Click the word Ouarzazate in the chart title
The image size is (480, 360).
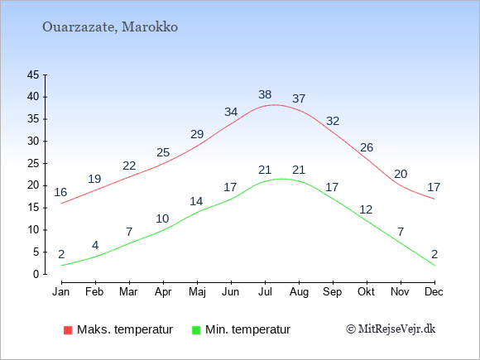click(x=79, y=27)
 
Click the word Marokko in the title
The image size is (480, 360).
click(x=150, y=27)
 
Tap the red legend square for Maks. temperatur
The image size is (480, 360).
click(x=68, y=330)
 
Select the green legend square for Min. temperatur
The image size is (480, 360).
click(x=196, y=330)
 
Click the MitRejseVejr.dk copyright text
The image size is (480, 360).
click(x=391, y=329)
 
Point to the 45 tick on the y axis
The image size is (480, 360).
click(x=33, y=74)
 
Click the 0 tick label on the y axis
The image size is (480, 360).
click(x=36, y=274)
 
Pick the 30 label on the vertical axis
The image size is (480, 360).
click(x=33, y=142)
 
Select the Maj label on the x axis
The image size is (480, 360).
click(x=197, y=292)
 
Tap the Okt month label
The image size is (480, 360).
click(x=366, y=292)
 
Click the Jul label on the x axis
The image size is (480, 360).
click(x=265, y=292)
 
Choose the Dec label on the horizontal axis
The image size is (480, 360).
click(x=434, y=292)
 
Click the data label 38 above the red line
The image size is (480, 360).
click(x=265, y=94)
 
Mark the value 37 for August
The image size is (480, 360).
click(x=299, y=98)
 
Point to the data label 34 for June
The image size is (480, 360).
click(x=231, y=112)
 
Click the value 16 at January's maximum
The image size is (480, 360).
click(x=60, y=192)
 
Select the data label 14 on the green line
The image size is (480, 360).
click(x=196, y=201)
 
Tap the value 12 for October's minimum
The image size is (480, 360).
click(x=366, y=209)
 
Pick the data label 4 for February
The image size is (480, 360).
click(x=95, y=245)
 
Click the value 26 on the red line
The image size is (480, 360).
click(x=367, y=148)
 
